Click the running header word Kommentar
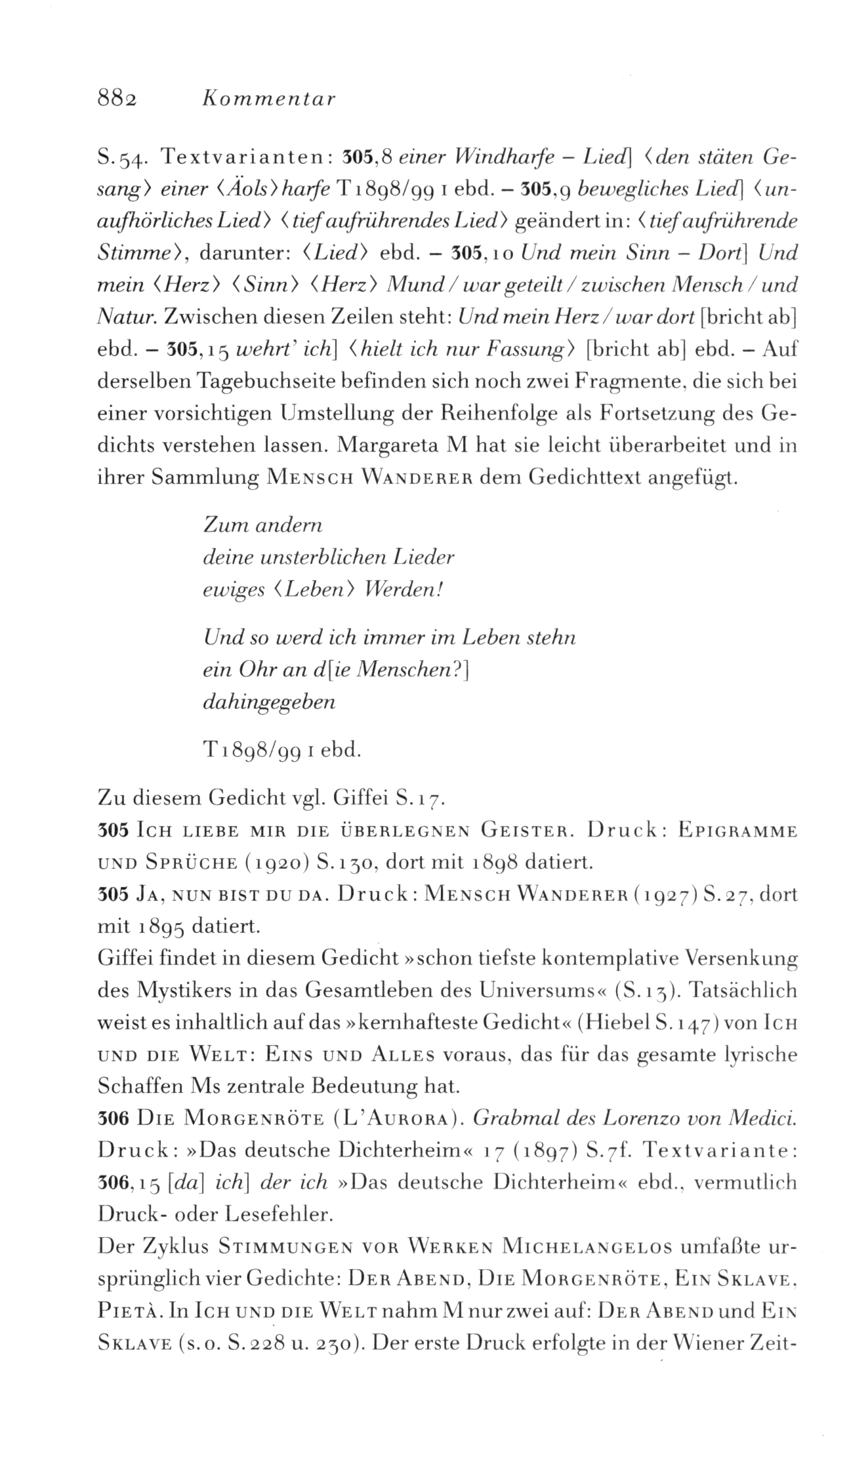click(x=268, y=99)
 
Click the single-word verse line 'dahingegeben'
click(x=270, y=702)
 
